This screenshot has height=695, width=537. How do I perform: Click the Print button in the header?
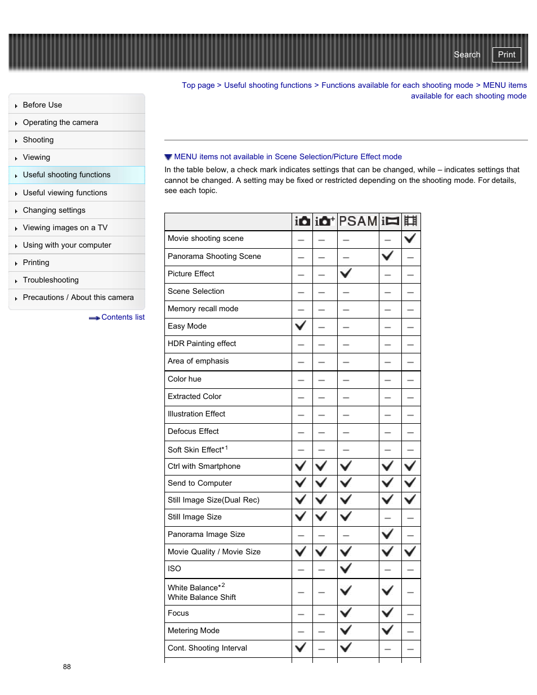pyautogui.click(x=506, y=55)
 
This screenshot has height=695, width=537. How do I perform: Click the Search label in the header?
pyautogui.click(x=467, y=55)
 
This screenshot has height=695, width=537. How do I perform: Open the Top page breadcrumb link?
pyautogui.click(x=198, y=85)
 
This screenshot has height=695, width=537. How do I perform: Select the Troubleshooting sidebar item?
pyautogui.click(x=51, y=280)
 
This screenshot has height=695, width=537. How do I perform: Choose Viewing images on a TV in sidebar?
pyautogui.click(x=65, y=227)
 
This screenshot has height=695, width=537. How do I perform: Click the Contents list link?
pyautogui.click(x=123, y=317)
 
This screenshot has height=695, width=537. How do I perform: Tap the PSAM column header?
pyautogui.click(x=358, y=221)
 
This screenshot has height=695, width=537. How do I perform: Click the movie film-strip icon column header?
pyautogui.click(x=411, y=221)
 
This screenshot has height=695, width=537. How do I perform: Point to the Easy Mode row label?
pyautogui.click(x=187, y=326)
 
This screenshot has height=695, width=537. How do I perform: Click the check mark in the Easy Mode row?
pyautogui.click(x=301, y=325)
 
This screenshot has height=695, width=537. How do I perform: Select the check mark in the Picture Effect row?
pyautogui.click(x=346, y=273)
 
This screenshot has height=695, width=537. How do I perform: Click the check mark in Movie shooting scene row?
pyautogui.click(x=410, y=238)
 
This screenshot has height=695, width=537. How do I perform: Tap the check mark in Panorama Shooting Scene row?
pyautogui.click(x=387, y=255)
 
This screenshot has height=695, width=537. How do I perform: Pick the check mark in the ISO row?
pyautogui.click(x=346, y=568)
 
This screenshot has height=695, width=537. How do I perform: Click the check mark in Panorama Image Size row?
pyautogui.click(x=387, y=533)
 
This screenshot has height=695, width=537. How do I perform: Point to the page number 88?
pyautogui.click(x=67, y=667)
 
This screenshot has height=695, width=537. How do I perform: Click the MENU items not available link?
pyautogui.click(x=288, y=156)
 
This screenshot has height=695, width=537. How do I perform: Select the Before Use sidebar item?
pyautogui.click(x=42, y=105)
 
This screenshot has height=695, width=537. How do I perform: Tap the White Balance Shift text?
pyautogui.click(x=202, y=597)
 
